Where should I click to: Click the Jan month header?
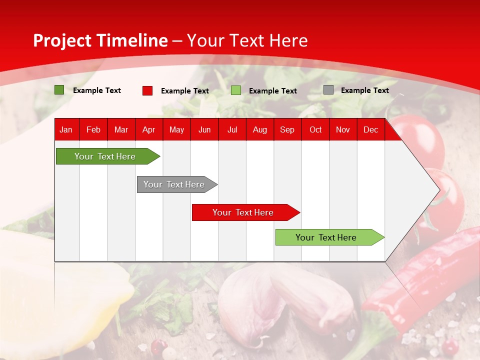66,129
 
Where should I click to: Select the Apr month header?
148,129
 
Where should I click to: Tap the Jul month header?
232,129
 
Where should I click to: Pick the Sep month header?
287,129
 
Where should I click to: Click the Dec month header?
370,129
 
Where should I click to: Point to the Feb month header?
93,129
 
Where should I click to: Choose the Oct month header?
315,129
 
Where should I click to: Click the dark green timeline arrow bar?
105,156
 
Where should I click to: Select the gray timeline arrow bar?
174,184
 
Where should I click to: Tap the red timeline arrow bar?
243,212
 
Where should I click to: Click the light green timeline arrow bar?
326,237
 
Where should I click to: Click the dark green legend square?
59,90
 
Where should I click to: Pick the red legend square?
147,90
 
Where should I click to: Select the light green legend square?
236,90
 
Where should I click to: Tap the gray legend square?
328,90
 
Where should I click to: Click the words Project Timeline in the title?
100,40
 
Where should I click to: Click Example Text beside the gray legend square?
364,90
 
